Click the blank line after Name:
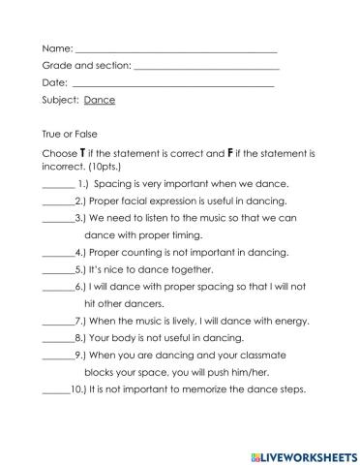pos(175,49)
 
